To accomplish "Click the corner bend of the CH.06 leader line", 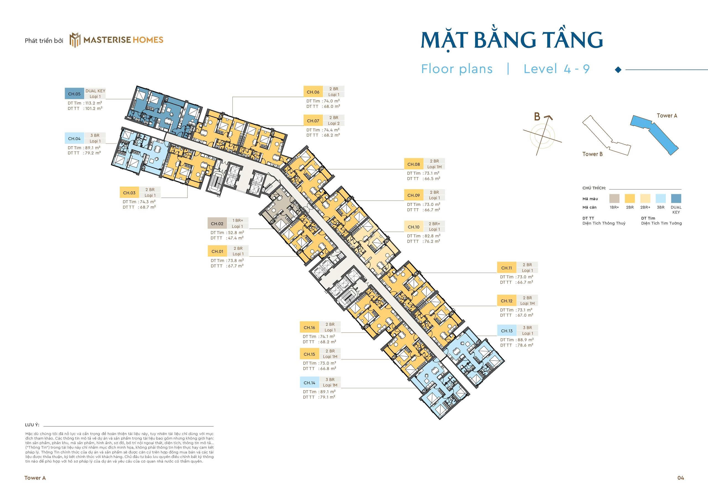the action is click(x=233, y=97).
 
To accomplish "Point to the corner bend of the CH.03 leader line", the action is click(x=187, y=198).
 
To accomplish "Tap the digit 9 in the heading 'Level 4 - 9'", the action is click(x=586, y=69).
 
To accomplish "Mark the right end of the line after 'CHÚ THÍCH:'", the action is click(x=681, y=189).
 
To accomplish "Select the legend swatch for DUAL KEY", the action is click(x=676, y=199).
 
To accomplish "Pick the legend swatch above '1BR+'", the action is click(x=614, y=199).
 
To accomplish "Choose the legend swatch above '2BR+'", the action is click(x=645, y=199).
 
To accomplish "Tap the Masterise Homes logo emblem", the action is click(x=75, y=40).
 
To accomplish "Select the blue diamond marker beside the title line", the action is click(x=618, y=70).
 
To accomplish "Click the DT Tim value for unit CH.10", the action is click(x=432, y=236).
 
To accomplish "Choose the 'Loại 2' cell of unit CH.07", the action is click(x=334, y=123).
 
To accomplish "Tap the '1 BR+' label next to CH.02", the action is click(x=238, y=220).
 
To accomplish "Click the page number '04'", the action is click(x=680, y=478).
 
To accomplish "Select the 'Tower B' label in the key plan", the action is click(x=592, y=154).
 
